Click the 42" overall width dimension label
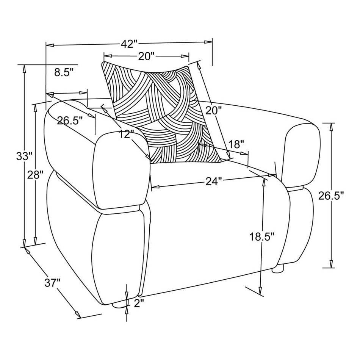pyautogui.click(x=129, y=44)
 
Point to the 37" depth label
pyautogui.click(x=53, y=283)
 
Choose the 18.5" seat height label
pyautogui.click(x=262, y=237)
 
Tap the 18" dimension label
pyautogui.click(x=236, y=144)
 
